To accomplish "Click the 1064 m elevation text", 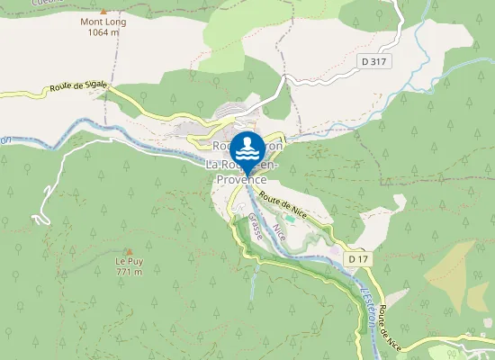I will click(103, 31).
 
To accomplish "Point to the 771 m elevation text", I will click(130, 272).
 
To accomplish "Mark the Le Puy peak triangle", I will click(129, 251).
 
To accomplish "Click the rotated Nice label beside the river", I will click(280, 229).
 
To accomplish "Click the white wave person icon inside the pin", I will click(247, 146).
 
